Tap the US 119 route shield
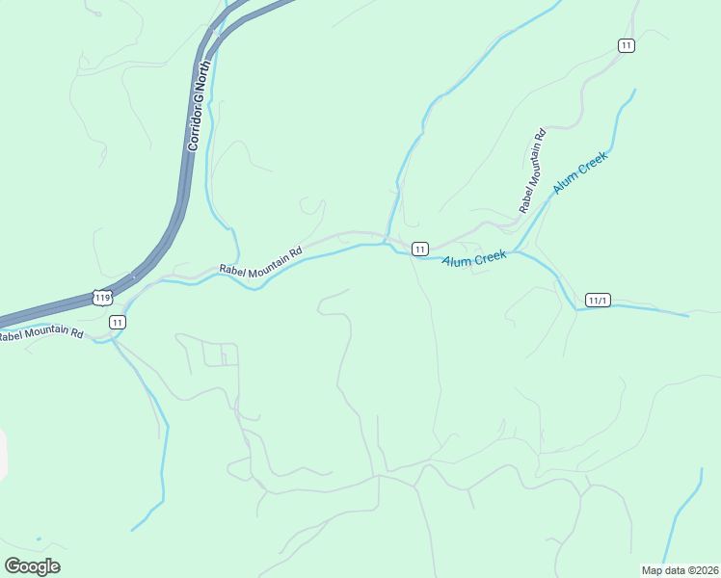coord(102,298)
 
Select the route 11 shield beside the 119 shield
coord(117,322)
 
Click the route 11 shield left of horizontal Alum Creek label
coord(419,249)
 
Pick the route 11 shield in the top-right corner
coord(627,45)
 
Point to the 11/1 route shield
coord(598,301)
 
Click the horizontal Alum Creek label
coord(474,258)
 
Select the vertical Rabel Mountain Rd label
coord(532,171)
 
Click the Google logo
coord(32,566)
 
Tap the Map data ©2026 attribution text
coord(680,570)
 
